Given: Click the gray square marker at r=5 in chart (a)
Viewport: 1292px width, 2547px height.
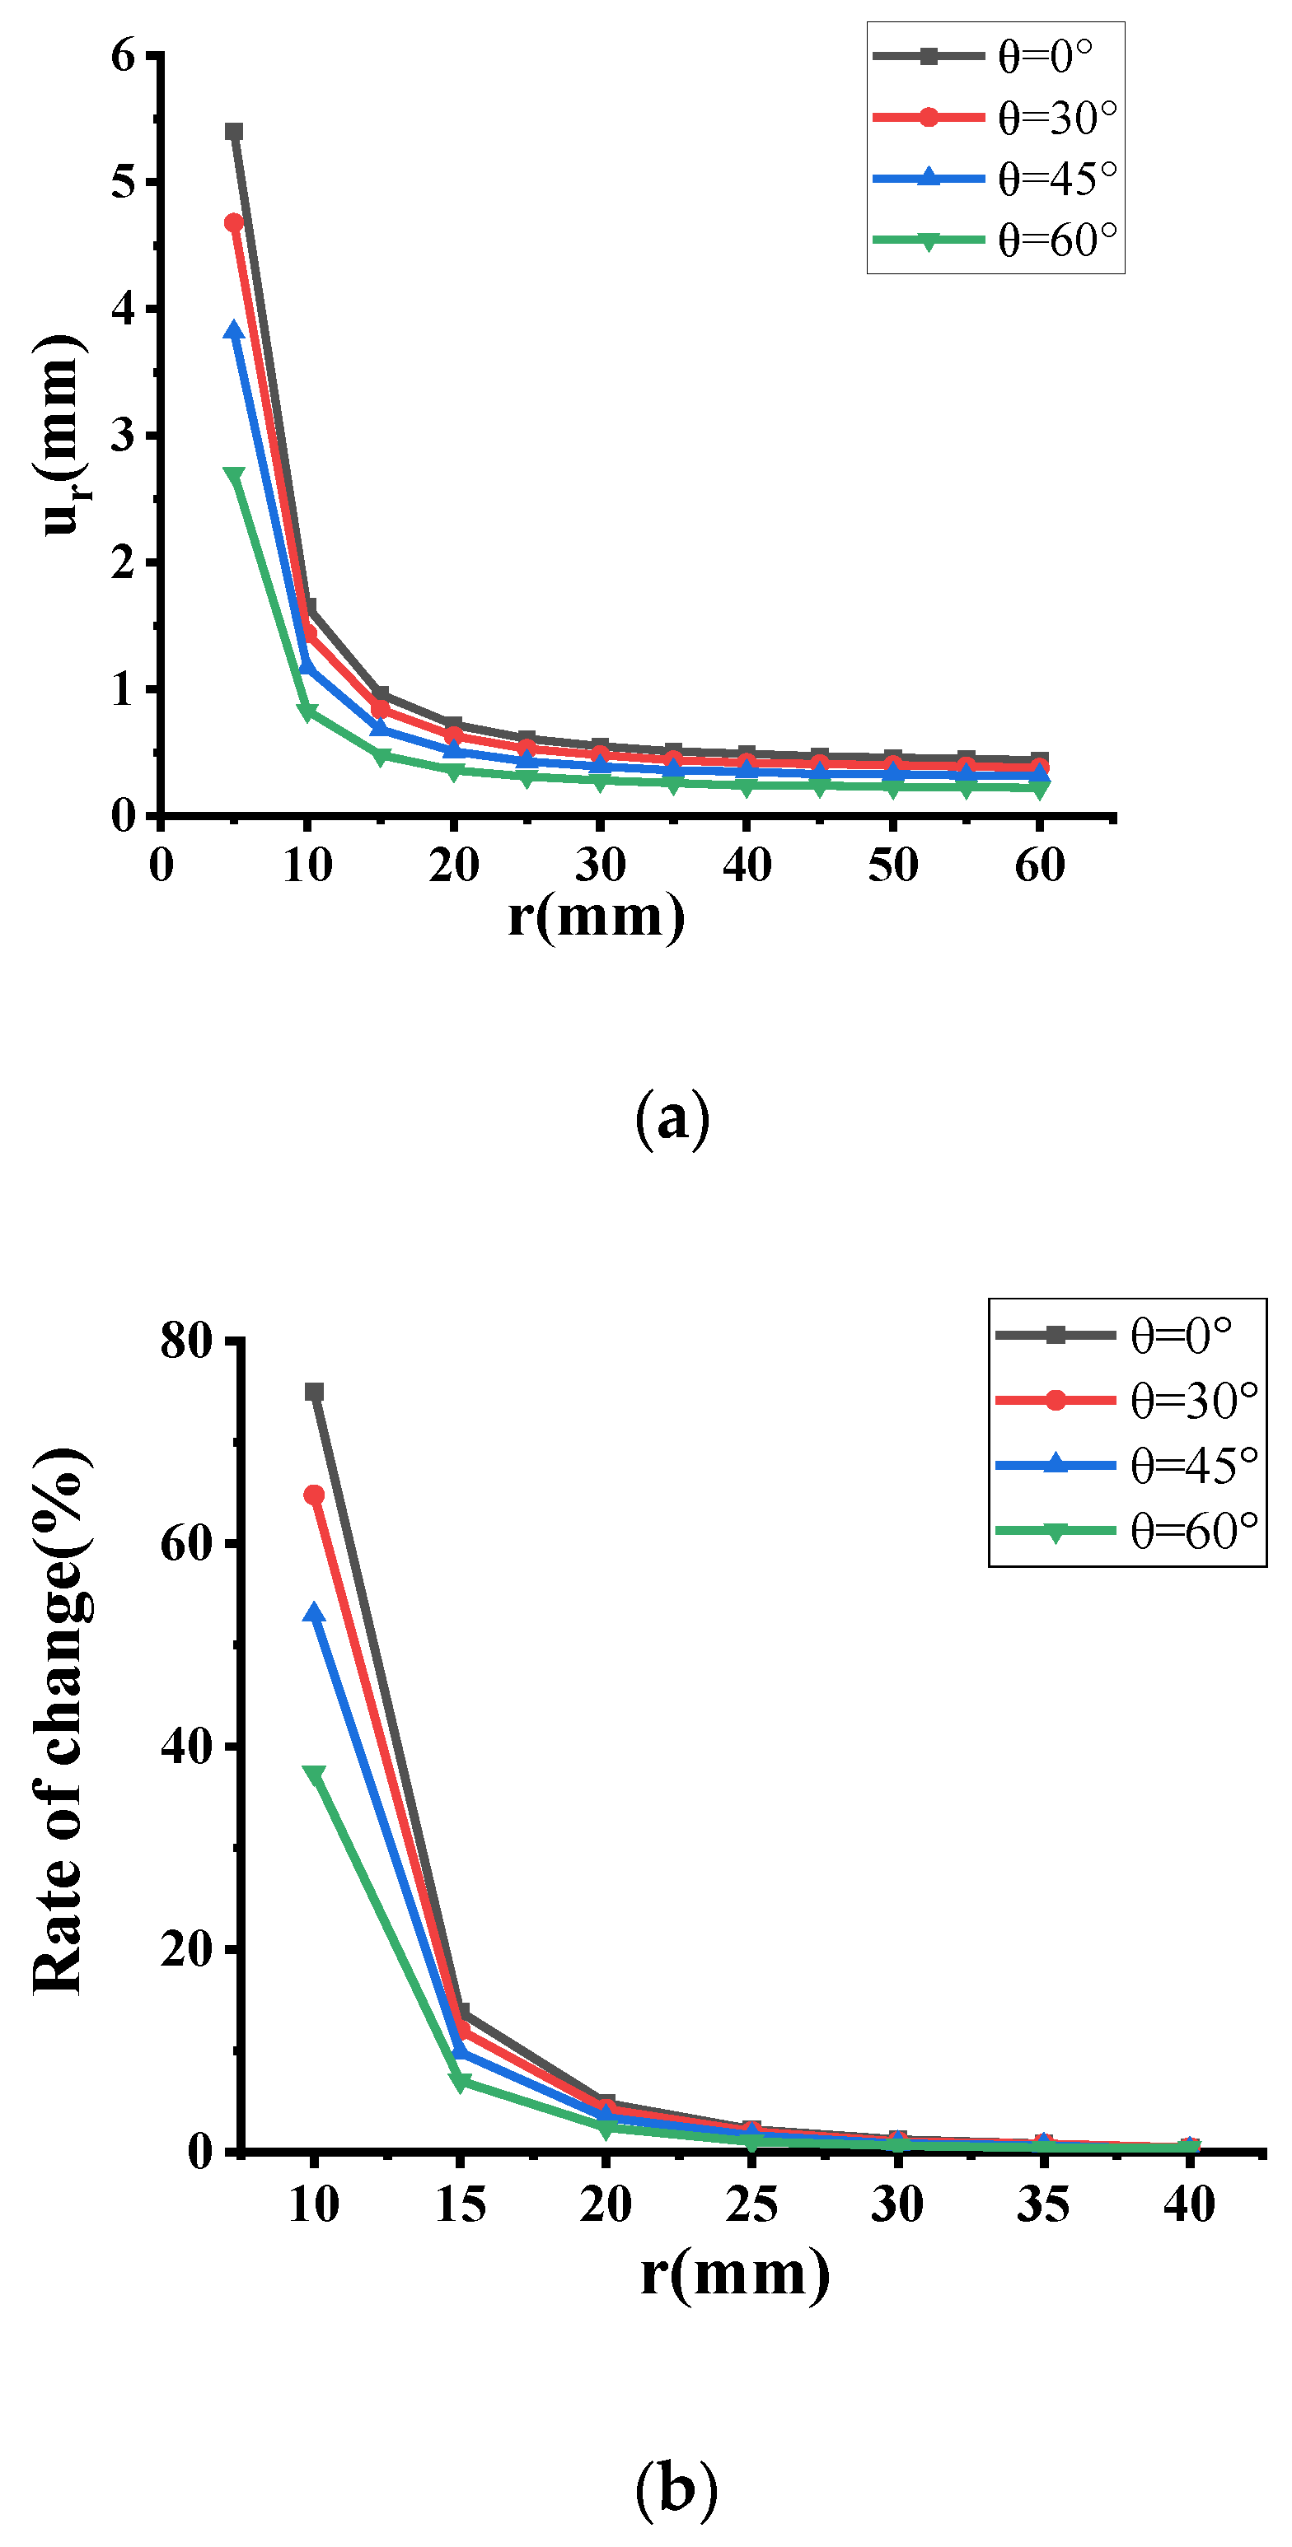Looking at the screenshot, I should pyautogui.click(x=233, y=132).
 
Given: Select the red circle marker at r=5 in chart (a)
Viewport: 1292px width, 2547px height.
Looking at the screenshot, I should pyautogui.click(x=233, y=222).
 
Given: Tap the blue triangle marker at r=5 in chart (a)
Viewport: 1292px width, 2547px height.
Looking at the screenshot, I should pyautogui.click(x=233, y=330).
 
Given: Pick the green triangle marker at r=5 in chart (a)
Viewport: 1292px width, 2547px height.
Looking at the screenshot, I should pyautogui.click(x=233, y=477).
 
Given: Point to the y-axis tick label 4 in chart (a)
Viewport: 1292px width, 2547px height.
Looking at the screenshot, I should pyautogui.click(x=123, y=309).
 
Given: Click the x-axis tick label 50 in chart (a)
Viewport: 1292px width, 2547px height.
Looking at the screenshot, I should pyautogui.click(x=892, y=865).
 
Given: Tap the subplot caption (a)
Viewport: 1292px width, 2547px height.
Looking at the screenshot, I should pyautogui.click(x=672, y=1118).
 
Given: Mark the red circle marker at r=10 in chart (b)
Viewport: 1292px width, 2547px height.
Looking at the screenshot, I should pyautogui.click(x=314, y=1494).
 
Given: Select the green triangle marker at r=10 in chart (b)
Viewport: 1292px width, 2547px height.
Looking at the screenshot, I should pyautogui.click(x=314, y=1775).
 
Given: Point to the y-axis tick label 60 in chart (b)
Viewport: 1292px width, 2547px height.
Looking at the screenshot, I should pyautogui.click(x=186, y=1543).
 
